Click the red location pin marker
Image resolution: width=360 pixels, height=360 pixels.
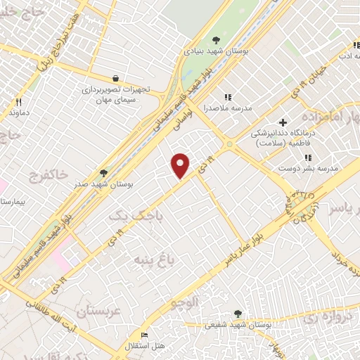pyautogui.click(x=181, y=165)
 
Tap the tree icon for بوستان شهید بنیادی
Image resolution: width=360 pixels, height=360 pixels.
pyautogui.click(x=217, y=40)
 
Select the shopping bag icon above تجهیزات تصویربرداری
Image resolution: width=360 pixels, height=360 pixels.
pyautogui.click(x=115, y=78)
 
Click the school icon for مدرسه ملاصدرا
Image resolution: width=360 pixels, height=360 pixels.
pyautogui.click(x=227, y=97)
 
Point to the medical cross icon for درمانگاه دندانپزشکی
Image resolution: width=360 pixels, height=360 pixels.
pyautogui.click(x=283, y=122)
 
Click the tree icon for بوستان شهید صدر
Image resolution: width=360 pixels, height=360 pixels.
pyautogui.click(x=104, y=173)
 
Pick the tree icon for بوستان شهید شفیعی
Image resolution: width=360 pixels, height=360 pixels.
pyautogui.click(x=238, y=314)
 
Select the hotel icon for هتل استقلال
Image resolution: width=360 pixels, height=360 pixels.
pyautogui.click(x=144, y=335)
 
